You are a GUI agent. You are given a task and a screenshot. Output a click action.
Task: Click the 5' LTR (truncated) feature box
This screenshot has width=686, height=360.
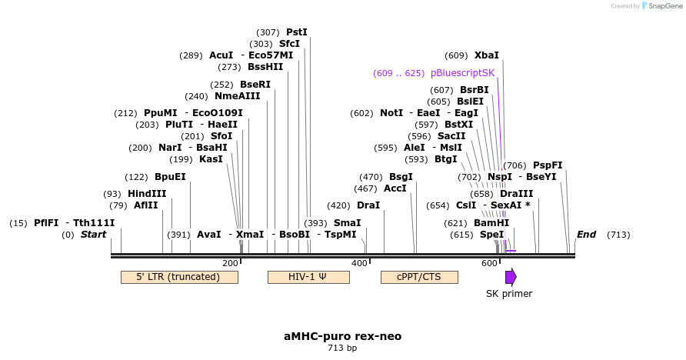(x=178, y=277)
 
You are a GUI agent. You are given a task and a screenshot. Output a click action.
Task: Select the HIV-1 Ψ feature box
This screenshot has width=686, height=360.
(x=308, y=277)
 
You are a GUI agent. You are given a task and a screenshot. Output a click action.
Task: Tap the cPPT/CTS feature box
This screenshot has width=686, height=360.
(x=419, y=277)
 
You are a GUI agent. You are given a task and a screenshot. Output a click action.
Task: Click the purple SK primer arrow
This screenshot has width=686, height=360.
(x=511, y=277)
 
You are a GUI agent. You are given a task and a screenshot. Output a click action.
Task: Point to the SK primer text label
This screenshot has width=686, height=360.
(x=509, y=293)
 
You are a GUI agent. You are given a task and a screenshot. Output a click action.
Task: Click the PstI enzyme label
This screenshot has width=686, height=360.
(x=297, y=32)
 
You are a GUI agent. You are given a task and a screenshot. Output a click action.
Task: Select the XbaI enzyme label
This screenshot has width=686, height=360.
(x=486, y=55)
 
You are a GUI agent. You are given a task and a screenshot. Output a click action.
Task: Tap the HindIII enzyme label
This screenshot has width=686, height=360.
(x=147, y=194)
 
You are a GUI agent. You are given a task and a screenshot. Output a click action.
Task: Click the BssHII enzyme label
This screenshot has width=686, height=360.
(x=265, y=67)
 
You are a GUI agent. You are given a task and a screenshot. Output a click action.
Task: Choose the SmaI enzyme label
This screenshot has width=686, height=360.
(x=348, y=223)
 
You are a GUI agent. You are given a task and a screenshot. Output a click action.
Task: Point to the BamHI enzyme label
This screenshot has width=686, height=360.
(x=491, y=223)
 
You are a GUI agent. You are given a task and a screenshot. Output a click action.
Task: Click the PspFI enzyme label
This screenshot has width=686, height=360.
(x=548, y=165)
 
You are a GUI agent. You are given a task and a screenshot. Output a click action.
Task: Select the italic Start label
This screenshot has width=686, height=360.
(x=93, y=235)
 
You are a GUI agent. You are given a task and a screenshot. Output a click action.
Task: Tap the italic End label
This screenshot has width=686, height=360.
(x=586, y=235)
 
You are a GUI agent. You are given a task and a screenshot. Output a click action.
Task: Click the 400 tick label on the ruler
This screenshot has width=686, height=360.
(x=359, y=263)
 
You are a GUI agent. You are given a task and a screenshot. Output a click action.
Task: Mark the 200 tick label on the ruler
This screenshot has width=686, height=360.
(x=230, y=263)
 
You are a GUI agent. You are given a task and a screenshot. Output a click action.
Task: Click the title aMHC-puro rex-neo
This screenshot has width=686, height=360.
(x=342, y=336)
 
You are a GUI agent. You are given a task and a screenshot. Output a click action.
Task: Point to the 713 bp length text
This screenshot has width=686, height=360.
(x=342, y=348)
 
